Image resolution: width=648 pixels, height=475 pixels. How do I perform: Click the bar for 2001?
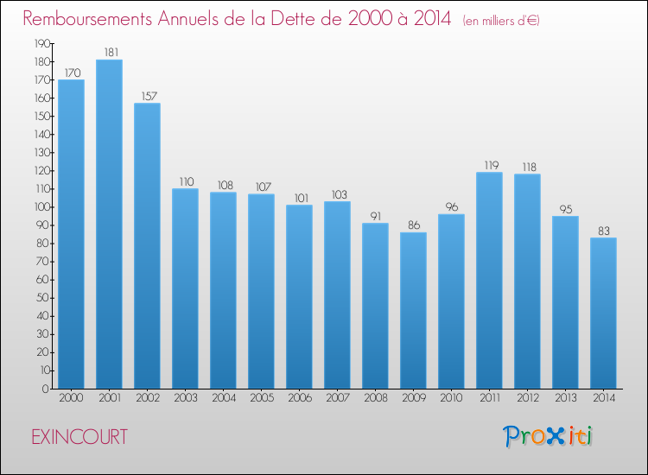click(x=109, y=225)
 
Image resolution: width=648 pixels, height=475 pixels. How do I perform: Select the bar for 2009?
click(x=413, y=311)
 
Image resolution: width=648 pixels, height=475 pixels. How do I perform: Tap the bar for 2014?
click(x=603, y=313)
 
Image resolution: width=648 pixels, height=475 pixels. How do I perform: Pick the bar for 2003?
click(x=185, y=288)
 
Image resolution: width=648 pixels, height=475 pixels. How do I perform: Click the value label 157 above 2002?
click(x=149, y=96)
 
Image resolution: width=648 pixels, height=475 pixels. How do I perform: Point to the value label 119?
click(x=492, y=165)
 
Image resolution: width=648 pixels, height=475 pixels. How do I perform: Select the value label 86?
click(x=414, y=225)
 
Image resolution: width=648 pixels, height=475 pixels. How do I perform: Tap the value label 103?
click(x=340, y=194)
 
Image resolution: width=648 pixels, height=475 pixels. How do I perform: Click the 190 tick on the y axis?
click(x=41, y=43)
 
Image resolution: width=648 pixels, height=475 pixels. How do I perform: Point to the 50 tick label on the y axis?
click(x=43, y=298)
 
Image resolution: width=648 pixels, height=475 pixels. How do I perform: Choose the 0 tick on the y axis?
click(x=46, y=389)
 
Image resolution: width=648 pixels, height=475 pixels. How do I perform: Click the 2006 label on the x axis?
click(x=300, y=398)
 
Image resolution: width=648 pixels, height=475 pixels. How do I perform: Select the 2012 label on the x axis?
click(x=528, y=398)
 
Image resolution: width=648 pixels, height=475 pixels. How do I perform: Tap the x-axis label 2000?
click(x=71, y=398)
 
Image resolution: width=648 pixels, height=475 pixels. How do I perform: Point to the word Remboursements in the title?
click(x=87, y=18)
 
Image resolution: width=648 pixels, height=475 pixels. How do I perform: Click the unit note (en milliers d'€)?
click(x=501, y=21)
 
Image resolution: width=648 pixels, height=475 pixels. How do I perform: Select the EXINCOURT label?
click(x=79, y=437)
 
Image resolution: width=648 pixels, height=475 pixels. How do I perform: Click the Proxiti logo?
click(x=548, y=436)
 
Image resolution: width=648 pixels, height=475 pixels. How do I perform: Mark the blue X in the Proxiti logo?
click(x=555, y=436)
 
